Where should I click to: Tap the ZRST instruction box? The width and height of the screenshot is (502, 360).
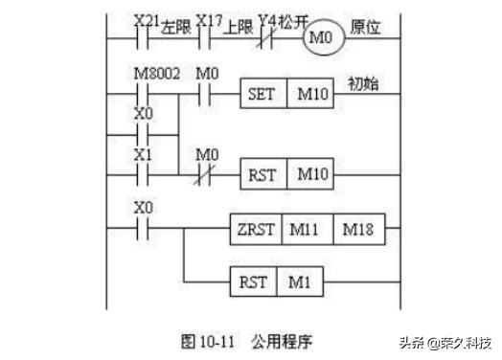(257, 231)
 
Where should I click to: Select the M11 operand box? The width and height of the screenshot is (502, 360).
(307, 231)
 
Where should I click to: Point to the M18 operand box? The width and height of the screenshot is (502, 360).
(356, 231)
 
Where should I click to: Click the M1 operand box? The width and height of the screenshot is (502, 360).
(300, 283)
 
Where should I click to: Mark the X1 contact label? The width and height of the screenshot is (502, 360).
(143, 154)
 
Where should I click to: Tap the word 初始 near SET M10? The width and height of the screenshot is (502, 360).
(361, 84)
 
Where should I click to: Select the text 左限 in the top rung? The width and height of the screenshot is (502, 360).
(174, 28)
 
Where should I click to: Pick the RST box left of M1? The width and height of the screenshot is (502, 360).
(254, 283)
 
